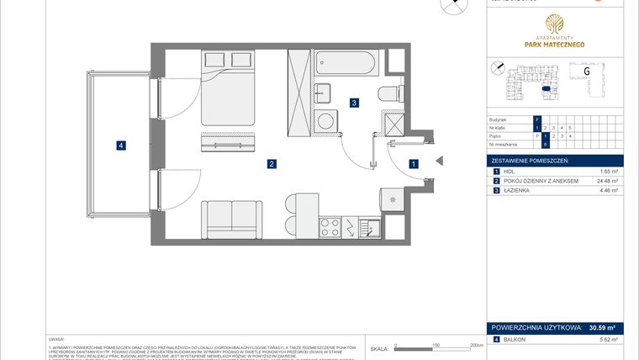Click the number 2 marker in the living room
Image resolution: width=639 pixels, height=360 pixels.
click(x=272, y=164)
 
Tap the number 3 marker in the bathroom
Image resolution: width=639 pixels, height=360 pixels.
click(x=355, y=103)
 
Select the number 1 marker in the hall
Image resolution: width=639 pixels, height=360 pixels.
click(x=413, y=165)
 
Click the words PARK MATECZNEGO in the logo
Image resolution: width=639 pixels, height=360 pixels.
click(x=554, y=44)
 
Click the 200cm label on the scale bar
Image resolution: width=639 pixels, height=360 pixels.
click(x=475, y=345)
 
